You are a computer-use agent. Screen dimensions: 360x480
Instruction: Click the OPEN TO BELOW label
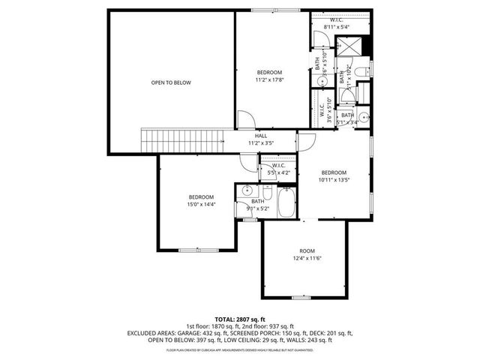tap(170, 82)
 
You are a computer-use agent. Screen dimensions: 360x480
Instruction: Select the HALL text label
tap(261, 136)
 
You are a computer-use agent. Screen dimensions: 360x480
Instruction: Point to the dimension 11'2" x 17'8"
tap(270, 79)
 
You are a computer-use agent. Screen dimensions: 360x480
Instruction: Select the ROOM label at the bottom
tap(307, 251)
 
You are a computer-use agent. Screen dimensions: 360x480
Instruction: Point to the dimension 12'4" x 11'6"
tap(307, 259)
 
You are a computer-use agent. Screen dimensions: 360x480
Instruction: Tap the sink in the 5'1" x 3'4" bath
tap(363, 118)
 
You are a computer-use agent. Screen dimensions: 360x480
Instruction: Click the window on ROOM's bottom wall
tap(302, 298)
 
